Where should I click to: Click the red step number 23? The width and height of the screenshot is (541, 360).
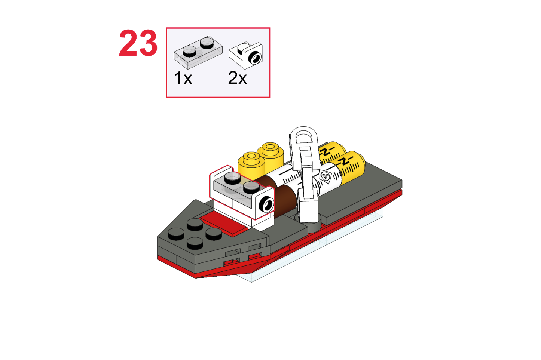coord(138,43)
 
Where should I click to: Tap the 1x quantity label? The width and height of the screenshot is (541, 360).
coord(183,78)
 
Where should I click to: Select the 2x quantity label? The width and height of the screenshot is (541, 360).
coord(238,78)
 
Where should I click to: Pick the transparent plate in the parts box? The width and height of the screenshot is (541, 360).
coord(198,52)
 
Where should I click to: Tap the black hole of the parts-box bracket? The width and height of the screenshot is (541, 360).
coord(255,58)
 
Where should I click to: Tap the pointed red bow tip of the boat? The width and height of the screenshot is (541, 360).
coord(196,277)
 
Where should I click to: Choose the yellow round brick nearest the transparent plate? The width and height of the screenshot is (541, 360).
coord(251,166)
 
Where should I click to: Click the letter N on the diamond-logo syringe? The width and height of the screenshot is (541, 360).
coord(345,161)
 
